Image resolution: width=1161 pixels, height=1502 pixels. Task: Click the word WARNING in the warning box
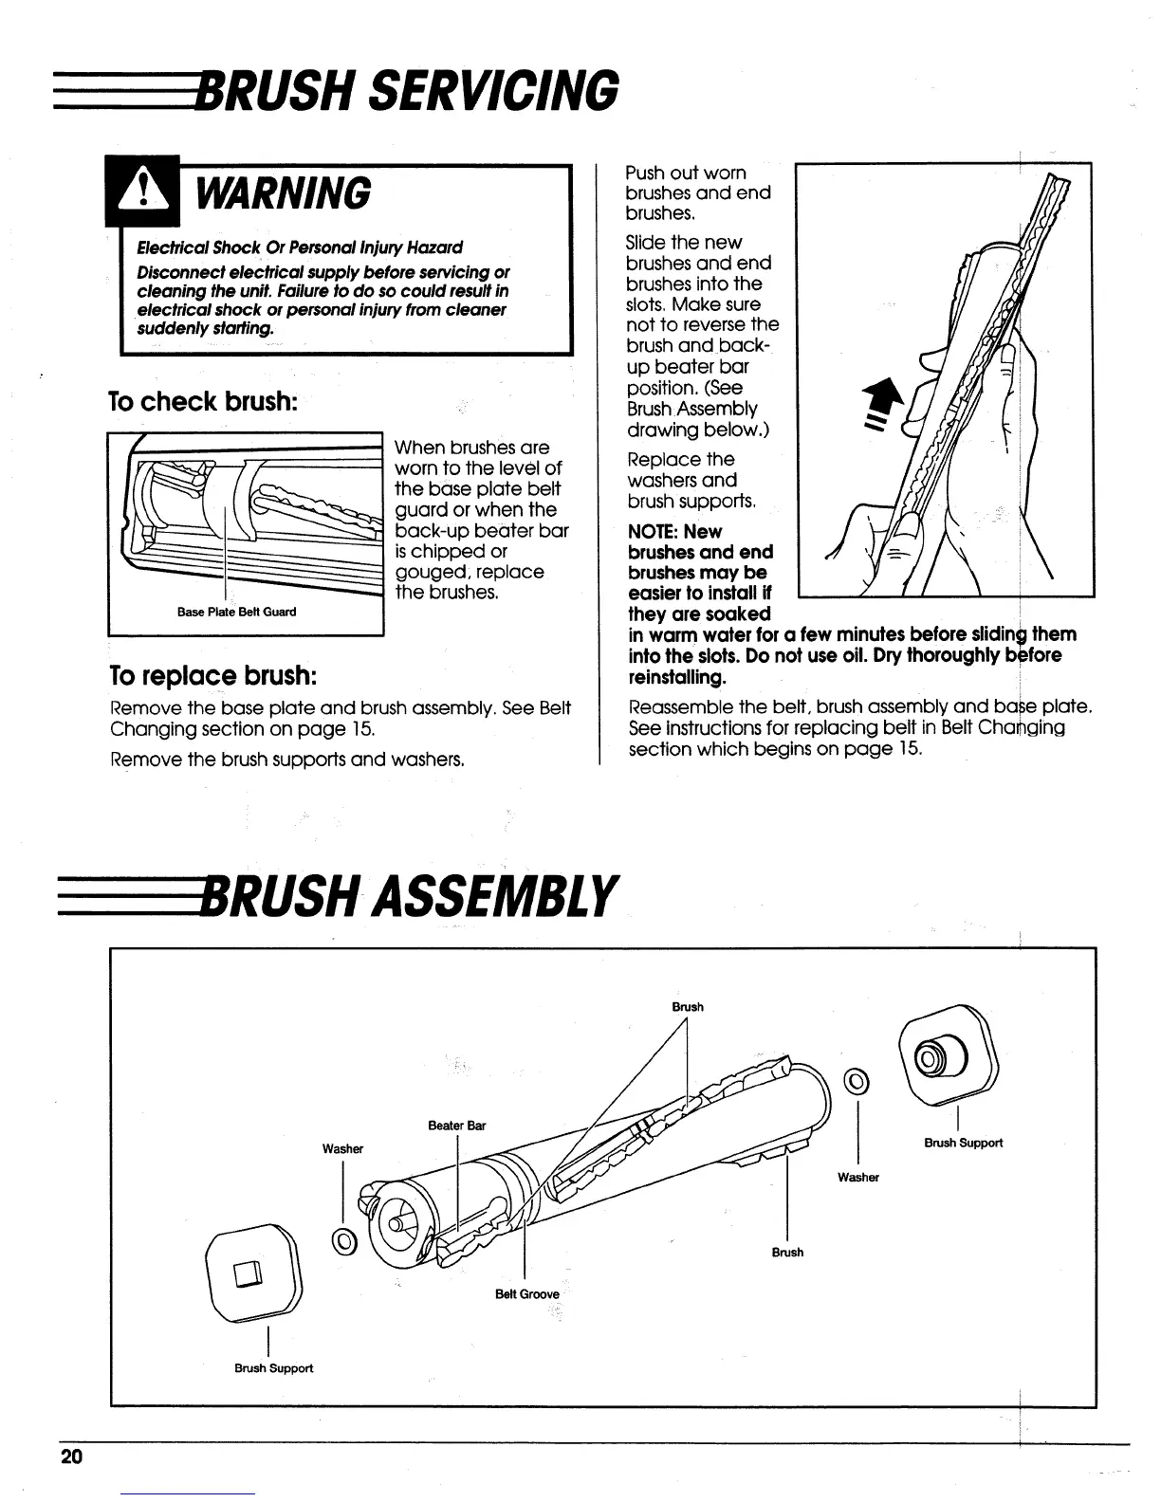[283, 193]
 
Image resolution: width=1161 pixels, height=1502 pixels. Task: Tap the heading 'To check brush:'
[204, 401]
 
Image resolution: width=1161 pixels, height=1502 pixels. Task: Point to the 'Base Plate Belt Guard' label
[236, 612]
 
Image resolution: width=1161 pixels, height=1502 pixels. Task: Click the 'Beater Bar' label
[456, 1126]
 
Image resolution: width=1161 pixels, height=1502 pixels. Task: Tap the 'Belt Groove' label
[526, 1294]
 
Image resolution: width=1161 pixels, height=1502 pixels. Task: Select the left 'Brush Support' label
[273, 1368]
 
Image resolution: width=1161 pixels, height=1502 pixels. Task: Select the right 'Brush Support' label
[963, 1143]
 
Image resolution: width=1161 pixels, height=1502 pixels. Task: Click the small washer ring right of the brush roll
[857, 1078]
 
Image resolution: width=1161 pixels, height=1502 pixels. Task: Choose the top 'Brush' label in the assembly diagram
[688, 1007]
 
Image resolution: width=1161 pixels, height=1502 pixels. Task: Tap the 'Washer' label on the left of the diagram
[342, 1148]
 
